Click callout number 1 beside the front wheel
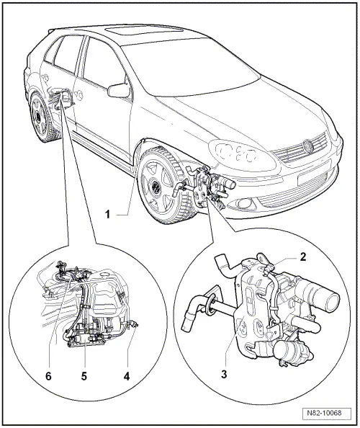[x=108, y=214]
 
